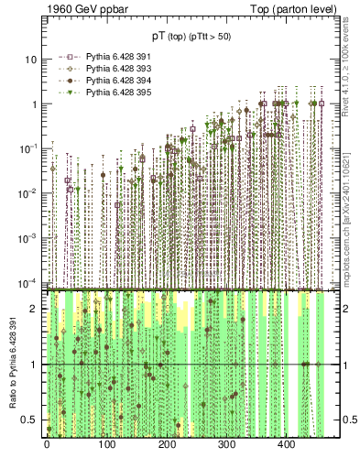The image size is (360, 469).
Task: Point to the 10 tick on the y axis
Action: coord(29,60)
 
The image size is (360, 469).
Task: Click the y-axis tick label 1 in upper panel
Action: coord(32,104)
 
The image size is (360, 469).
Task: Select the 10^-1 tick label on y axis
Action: coord(28,147)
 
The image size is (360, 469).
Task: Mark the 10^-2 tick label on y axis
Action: coord(28,192)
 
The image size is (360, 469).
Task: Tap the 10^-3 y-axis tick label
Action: coord(28,236)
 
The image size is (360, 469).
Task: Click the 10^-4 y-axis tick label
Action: coord(28,280)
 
